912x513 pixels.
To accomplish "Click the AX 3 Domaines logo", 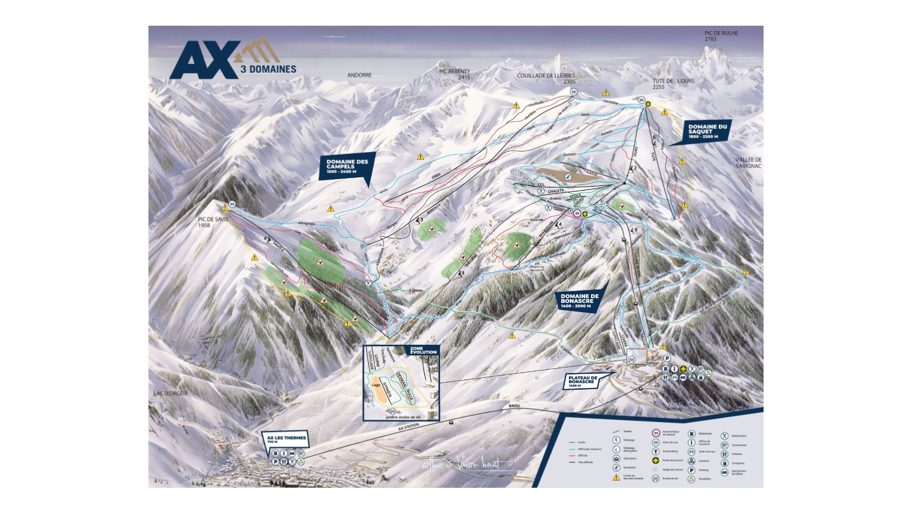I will [x=232, y=60].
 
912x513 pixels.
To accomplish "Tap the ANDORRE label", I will [x=359, y=75].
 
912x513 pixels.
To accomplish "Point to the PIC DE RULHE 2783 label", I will [x=721, y=36].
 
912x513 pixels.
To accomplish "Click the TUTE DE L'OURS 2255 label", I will [x=673, y=84].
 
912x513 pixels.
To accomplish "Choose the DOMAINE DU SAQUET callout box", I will [x=707, y=131].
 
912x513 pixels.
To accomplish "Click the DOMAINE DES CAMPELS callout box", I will [x=347, y=166].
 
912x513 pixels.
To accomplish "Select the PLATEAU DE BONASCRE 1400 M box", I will [x=582, y=381].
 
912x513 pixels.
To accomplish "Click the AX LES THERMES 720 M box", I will [x=286, y=439].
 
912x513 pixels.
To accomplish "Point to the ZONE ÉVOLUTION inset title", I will [x=423, y=351].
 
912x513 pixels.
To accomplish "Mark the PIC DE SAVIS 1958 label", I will [x=213, y=222].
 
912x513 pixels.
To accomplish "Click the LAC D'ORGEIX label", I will [x=170, y=393].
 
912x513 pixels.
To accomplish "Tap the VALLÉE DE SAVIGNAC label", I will [x=748, y=163].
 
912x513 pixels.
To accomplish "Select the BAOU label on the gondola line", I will [x=514, y=406].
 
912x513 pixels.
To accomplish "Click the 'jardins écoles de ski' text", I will [x=403, y=417].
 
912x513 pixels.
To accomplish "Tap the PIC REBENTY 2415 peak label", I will [x=455, y=74].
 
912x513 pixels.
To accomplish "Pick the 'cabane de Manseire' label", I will [x=537, y=268].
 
